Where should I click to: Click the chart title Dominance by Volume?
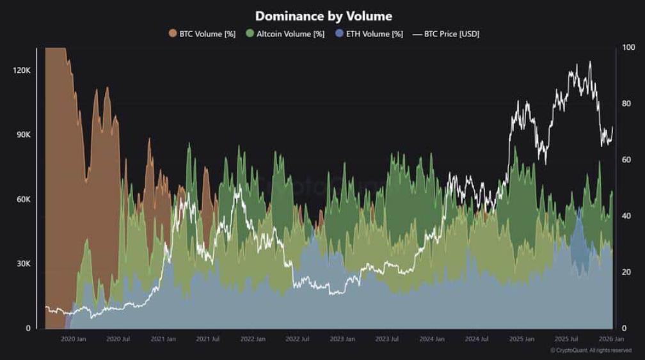323,16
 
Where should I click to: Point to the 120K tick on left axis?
22,70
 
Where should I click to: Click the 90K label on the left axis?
23,135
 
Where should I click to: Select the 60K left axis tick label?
23,200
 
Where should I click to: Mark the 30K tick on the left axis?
23,264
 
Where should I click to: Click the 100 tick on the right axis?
628,48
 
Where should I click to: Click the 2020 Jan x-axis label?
72,339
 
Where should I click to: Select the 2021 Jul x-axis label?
207,339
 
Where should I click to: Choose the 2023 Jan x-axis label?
342,339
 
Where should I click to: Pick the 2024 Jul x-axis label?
477,339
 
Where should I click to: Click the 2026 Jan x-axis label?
611,339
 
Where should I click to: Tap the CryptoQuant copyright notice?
591,350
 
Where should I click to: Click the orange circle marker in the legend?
173,34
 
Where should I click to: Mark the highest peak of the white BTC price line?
589,62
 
